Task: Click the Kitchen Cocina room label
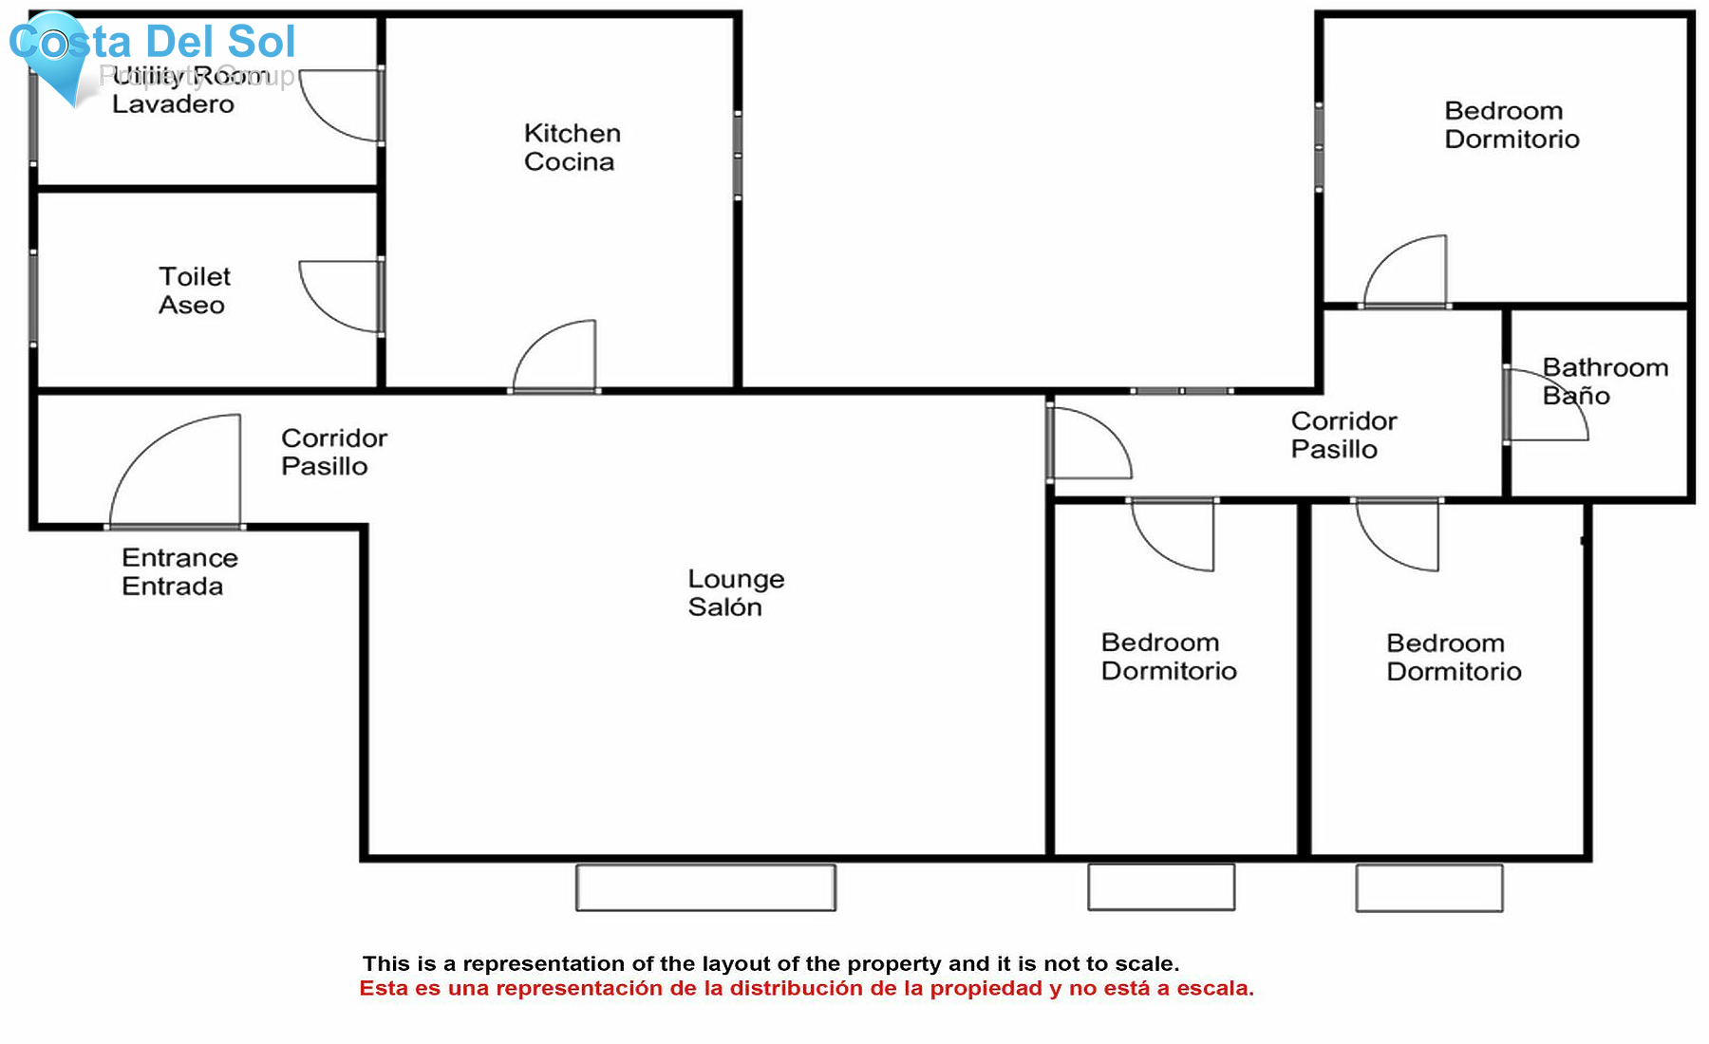click(x=572, y=147)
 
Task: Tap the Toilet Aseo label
click(x=194, y=290)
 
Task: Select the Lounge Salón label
click(x=735, y=593)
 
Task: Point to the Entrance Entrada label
click(x=178, y=571)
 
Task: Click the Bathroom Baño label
click(x=1604, y=381)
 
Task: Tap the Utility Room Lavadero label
click(x=173, y=91)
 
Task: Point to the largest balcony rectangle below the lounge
click(x=705, y=887)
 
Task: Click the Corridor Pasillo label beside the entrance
click(x=333, y=452)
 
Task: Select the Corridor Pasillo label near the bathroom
click(x=1343, y=435)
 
